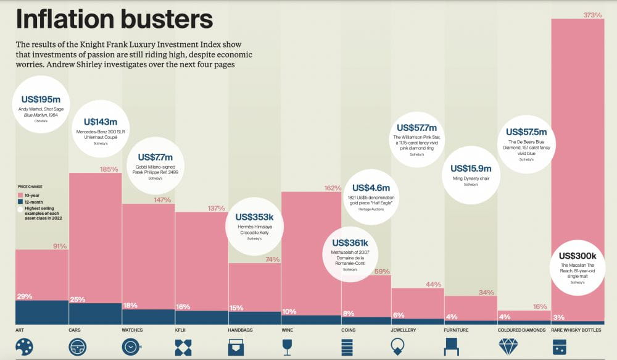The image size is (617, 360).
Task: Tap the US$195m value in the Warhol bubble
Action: pos(41,99)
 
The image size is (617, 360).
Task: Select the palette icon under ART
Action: pos(24,347)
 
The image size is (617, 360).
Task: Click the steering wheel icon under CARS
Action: pos(77,347)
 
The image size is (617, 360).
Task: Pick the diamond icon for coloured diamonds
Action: pos(507,347)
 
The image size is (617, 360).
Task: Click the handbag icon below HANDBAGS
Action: pos(236,347)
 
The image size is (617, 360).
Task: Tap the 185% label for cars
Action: pos(109,169)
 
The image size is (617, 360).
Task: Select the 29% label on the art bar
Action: pos(25,296)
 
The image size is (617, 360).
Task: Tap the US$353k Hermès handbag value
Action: pos(254,217)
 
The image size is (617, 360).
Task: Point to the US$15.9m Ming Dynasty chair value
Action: pos(471,168)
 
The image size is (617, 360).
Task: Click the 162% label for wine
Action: pos(333,188)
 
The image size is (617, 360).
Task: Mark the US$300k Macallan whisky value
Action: pos(578,256)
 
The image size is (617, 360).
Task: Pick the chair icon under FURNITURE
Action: pos(452,347)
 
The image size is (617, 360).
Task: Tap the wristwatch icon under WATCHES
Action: pos(131,347)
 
